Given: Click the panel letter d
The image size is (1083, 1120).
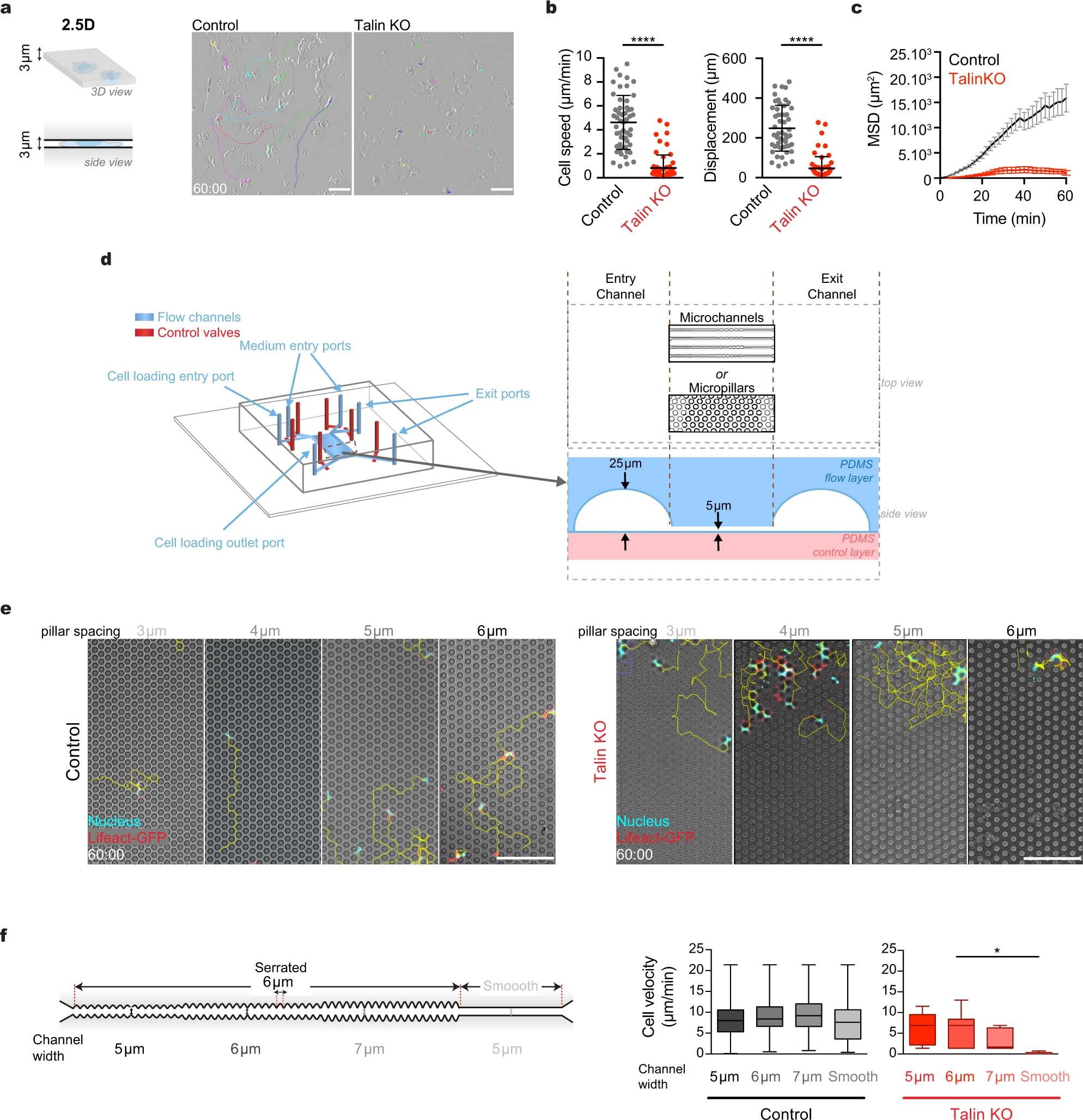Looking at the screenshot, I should (x=106, y=259).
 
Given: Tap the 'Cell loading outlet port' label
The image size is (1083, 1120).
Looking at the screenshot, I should (x=219, y=542).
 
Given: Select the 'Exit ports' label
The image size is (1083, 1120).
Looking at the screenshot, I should (x=502, y=393).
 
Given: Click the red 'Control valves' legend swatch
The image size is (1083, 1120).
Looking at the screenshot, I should (x=144, y=332).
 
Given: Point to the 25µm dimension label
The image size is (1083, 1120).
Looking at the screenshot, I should (x=625, y=463).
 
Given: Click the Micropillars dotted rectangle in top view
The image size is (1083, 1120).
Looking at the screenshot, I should (x=721, y=413).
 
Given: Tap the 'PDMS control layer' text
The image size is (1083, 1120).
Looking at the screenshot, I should (x=844, y=545).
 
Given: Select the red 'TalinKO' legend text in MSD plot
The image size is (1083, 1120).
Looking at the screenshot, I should (x=977, y=79).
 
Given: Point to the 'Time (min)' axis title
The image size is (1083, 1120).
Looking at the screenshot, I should (x=1009, y=219).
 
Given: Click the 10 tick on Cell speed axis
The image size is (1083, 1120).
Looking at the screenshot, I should (x=583, y=57).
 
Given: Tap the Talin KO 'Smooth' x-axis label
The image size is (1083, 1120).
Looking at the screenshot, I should (x=1044, y=1076).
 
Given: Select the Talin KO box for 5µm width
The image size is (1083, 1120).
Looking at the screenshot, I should (x=921, y=1030).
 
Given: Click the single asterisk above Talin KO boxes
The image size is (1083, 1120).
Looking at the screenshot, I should (x=997, y=951).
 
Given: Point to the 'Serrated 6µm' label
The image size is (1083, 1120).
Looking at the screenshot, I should (x=281, y=975).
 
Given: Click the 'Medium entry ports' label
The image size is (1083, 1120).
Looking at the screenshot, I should (x=295, y=346).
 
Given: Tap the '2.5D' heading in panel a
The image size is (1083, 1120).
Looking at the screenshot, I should (x=78, y=25).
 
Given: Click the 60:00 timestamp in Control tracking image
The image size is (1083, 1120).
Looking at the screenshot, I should (x=210, y=189).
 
